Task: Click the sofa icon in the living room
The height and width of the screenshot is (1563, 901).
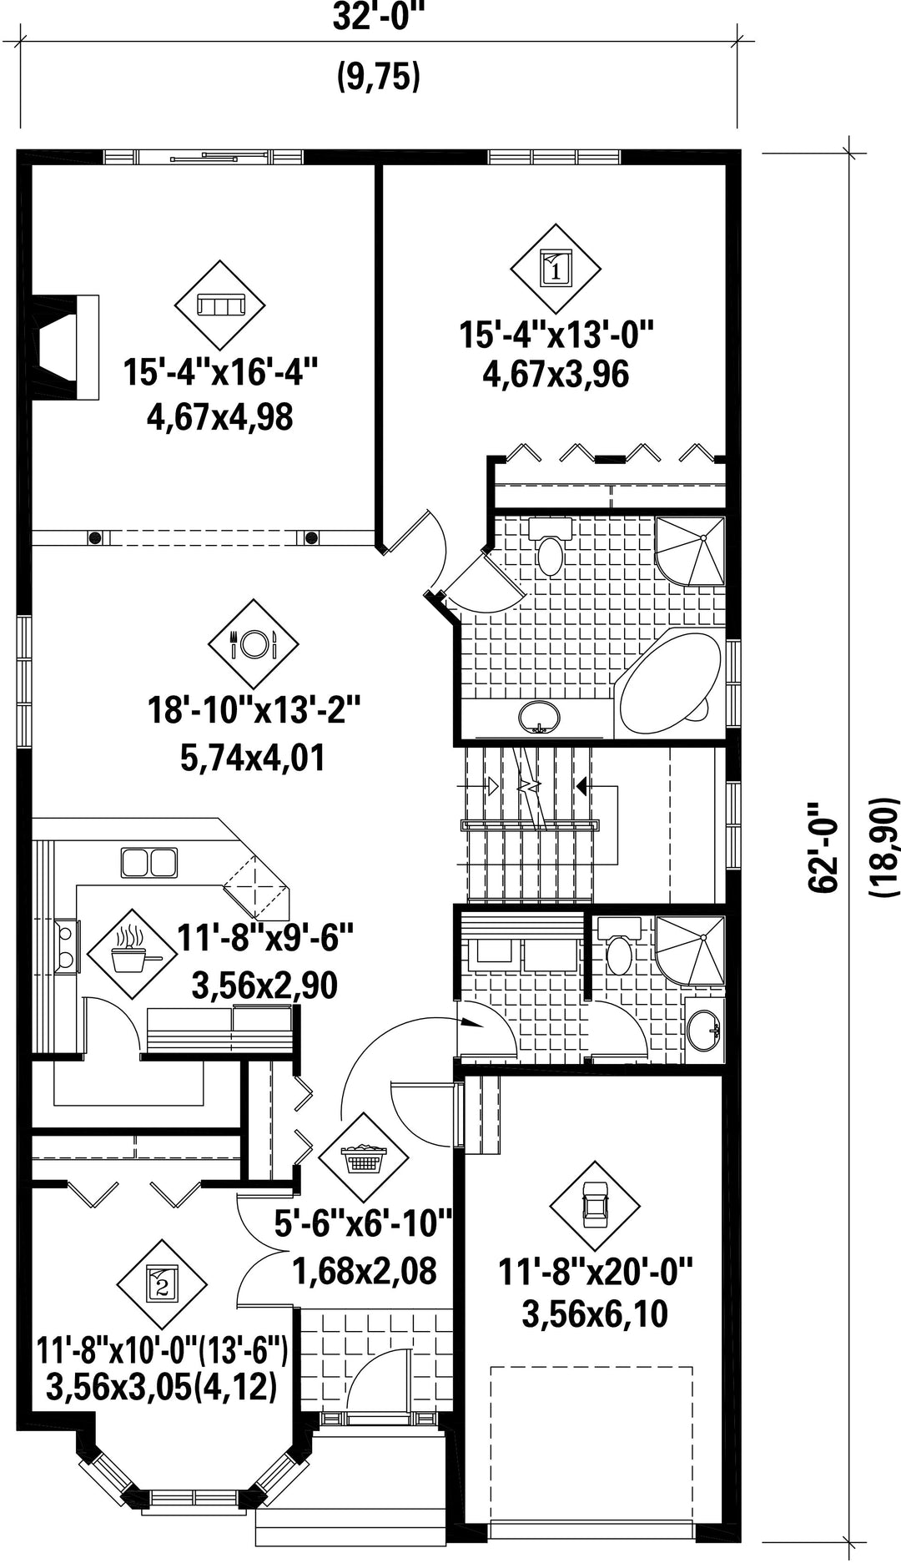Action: (x=219, y=305)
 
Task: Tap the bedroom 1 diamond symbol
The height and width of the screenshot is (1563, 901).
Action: (x=556, y=269)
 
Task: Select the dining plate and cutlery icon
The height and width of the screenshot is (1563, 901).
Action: (x=253, y=643)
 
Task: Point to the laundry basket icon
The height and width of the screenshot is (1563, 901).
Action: (x=363, y=1160)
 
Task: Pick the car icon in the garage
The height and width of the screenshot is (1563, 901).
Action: (x=594, y=1205)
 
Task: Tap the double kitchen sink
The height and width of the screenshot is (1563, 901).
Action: (x=149, y=862)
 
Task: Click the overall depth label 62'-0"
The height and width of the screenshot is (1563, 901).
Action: (x=823, y=847)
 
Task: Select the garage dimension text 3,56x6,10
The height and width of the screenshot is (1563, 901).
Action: (x=595, y=1314)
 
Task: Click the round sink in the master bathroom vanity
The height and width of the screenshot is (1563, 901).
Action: (x=539, y=717)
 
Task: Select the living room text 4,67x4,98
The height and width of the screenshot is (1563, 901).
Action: (x=219, y=416)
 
